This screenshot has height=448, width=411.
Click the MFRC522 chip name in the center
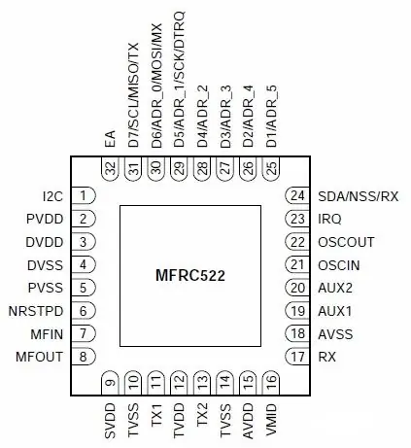pyautogui.click(x=190, y=276)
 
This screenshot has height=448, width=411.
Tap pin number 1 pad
pyautogui.click(x=84, y=195)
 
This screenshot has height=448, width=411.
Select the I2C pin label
pyautogui.click(x=52, y=196)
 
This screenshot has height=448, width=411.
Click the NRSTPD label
pyautogui.click(x=36, y=311)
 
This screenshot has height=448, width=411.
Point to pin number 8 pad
pyautogui.click(x=84, y=357)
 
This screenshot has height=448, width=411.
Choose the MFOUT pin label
pyautogui.click(x=39, y=357)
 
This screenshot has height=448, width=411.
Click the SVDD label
pyautogui.click(x=111, y=421)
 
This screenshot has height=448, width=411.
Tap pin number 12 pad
pyautogui.click(x=179, y=383)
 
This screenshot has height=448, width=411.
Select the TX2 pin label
pyautogui.click(x=202, y=416)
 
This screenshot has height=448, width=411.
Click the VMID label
pyautogui.click(x=271, y=420)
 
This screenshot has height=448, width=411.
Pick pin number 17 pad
pyautogui.click(x=297, y=357)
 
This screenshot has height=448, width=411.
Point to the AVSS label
pyautogui.click(x=335, y=334)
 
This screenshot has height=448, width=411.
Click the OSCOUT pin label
pyautogui.click(x=346, y=242)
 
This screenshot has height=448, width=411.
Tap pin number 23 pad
pyautogui.click(x=297, y=219)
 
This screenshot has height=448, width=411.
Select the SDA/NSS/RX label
pyautogui.click(x=358, y=196)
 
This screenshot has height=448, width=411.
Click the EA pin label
pyautogui.click(x=111, y=139)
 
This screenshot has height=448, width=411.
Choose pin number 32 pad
pyautogui.click(x=111, y=168)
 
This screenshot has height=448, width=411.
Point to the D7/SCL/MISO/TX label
pyautogui.click(x=133, y=95)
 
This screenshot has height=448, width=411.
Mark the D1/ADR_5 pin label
pyautogui.click(x=271, y=117)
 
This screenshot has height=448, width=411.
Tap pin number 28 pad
pyautogui.click(x=202, y=168)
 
